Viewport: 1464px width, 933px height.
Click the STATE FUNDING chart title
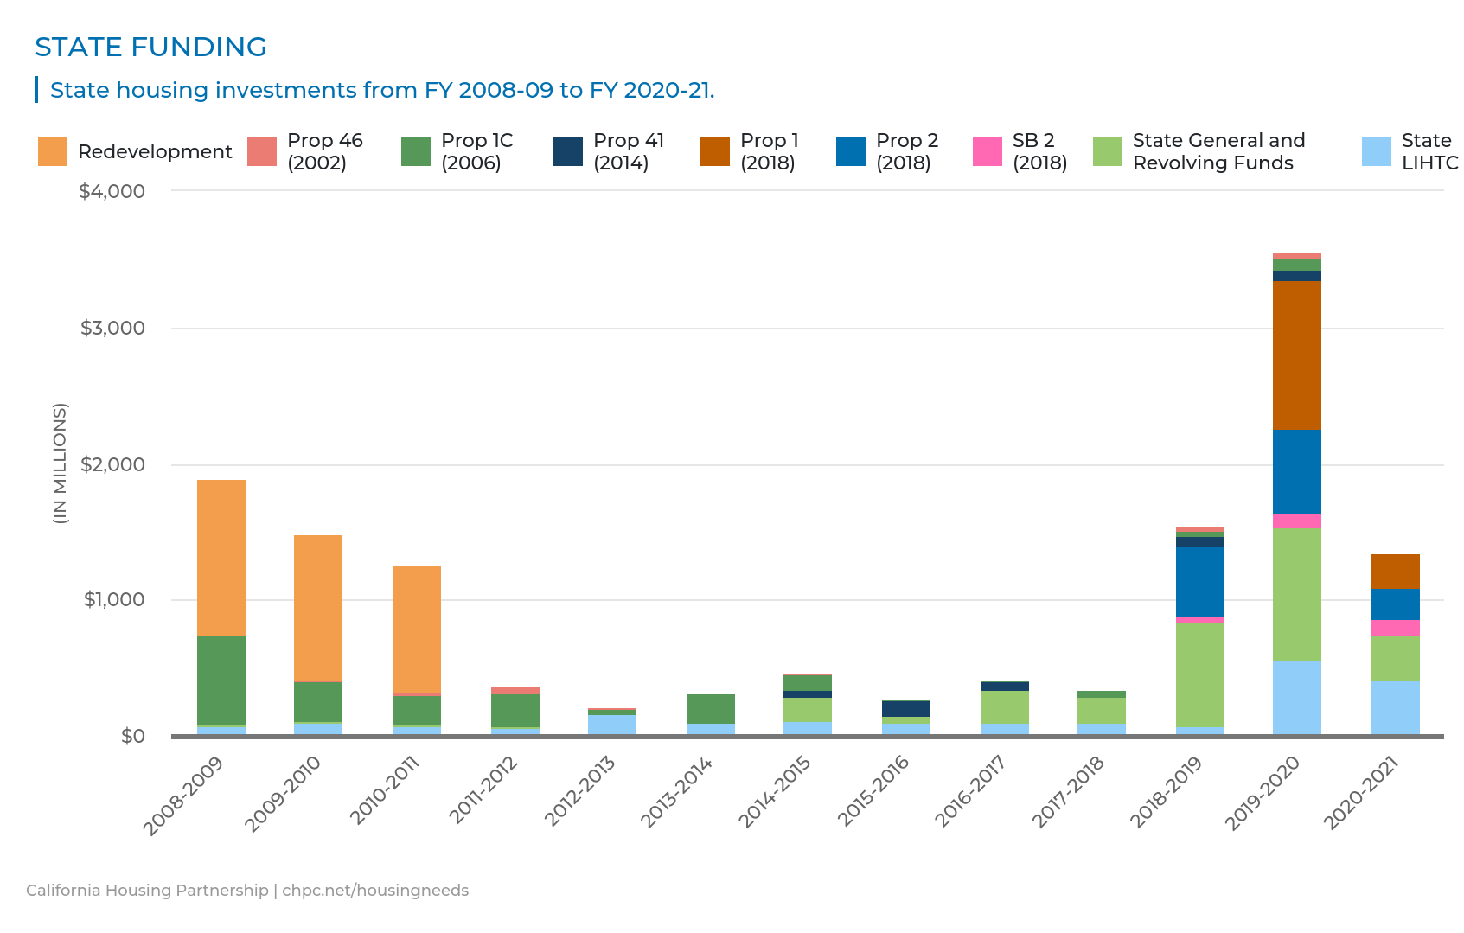click(x=150, y=47)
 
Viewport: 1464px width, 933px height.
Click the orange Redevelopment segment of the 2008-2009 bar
click(x=221, y=558)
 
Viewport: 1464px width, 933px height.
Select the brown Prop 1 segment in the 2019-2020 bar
click(x=1296, y=355)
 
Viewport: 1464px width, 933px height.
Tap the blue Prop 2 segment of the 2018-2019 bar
click(x=1199, y=582)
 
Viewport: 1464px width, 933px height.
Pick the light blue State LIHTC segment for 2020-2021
click(x=1395, y=707)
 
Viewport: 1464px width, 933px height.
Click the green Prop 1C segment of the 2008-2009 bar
click(x=221, y=681)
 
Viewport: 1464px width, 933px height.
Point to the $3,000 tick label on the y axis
click(x=112, y=328)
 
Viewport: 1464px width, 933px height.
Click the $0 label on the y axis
click(x=132, y=736)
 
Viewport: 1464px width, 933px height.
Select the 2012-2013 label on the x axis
click(x=580, y=790)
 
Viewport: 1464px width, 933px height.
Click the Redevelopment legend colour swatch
click(x=53, y=151)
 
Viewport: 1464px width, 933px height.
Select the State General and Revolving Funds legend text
click(x=1218, y=151)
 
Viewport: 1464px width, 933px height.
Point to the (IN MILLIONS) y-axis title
click(x=60, y=463)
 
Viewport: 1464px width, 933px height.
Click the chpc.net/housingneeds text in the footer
click(x=375, y=891)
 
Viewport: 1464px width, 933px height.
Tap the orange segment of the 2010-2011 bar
click(x=417, y=629)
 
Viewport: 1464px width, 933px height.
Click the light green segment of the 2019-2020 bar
click(x=1296, y=595)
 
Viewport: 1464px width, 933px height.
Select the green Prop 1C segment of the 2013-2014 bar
click(x=711, y=709)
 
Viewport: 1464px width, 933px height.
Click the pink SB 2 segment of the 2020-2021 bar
click(x=1395, y=628)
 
